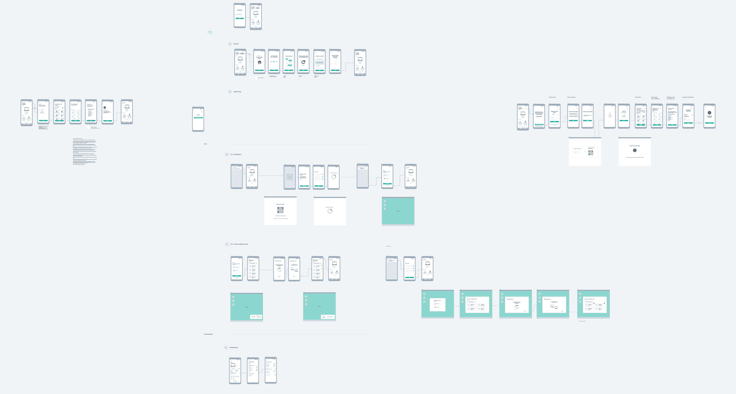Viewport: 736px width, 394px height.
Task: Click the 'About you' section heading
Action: click(x=236, y=44)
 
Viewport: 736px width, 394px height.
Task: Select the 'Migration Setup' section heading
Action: click(x=237, y=92)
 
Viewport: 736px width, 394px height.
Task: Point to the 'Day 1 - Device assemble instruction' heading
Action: click(x=239, y=244)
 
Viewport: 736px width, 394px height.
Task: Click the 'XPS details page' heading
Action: click(x=234, y=348)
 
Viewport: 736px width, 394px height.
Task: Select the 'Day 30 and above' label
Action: click(x=208, y=334)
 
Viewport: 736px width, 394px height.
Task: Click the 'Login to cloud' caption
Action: click(x=552, y=97)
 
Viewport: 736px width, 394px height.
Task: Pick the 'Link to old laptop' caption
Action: click(x=571, y=97)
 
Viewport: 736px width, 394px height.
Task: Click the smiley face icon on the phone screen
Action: click(x=259, y=62)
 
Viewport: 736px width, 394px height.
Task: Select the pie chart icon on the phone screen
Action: click(x=303, y=62)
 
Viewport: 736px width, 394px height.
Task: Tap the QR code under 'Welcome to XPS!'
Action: click(x=280, y=210)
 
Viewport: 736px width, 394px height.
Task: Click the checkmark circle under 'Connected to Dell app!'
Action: click(x=635, y=150)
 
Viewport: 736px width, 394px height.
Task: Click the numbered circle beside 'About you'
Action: click(x=230, y=44)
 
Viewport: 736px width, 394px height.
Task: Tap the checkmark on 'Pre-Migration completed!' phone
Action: click(x=709, y=113)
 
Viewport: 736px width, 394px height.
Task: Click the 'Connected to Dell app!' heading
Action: click(x=635, y=146)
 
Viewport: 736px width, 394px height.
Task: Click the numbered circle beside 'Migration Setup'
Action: click(x=230, y=92)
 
